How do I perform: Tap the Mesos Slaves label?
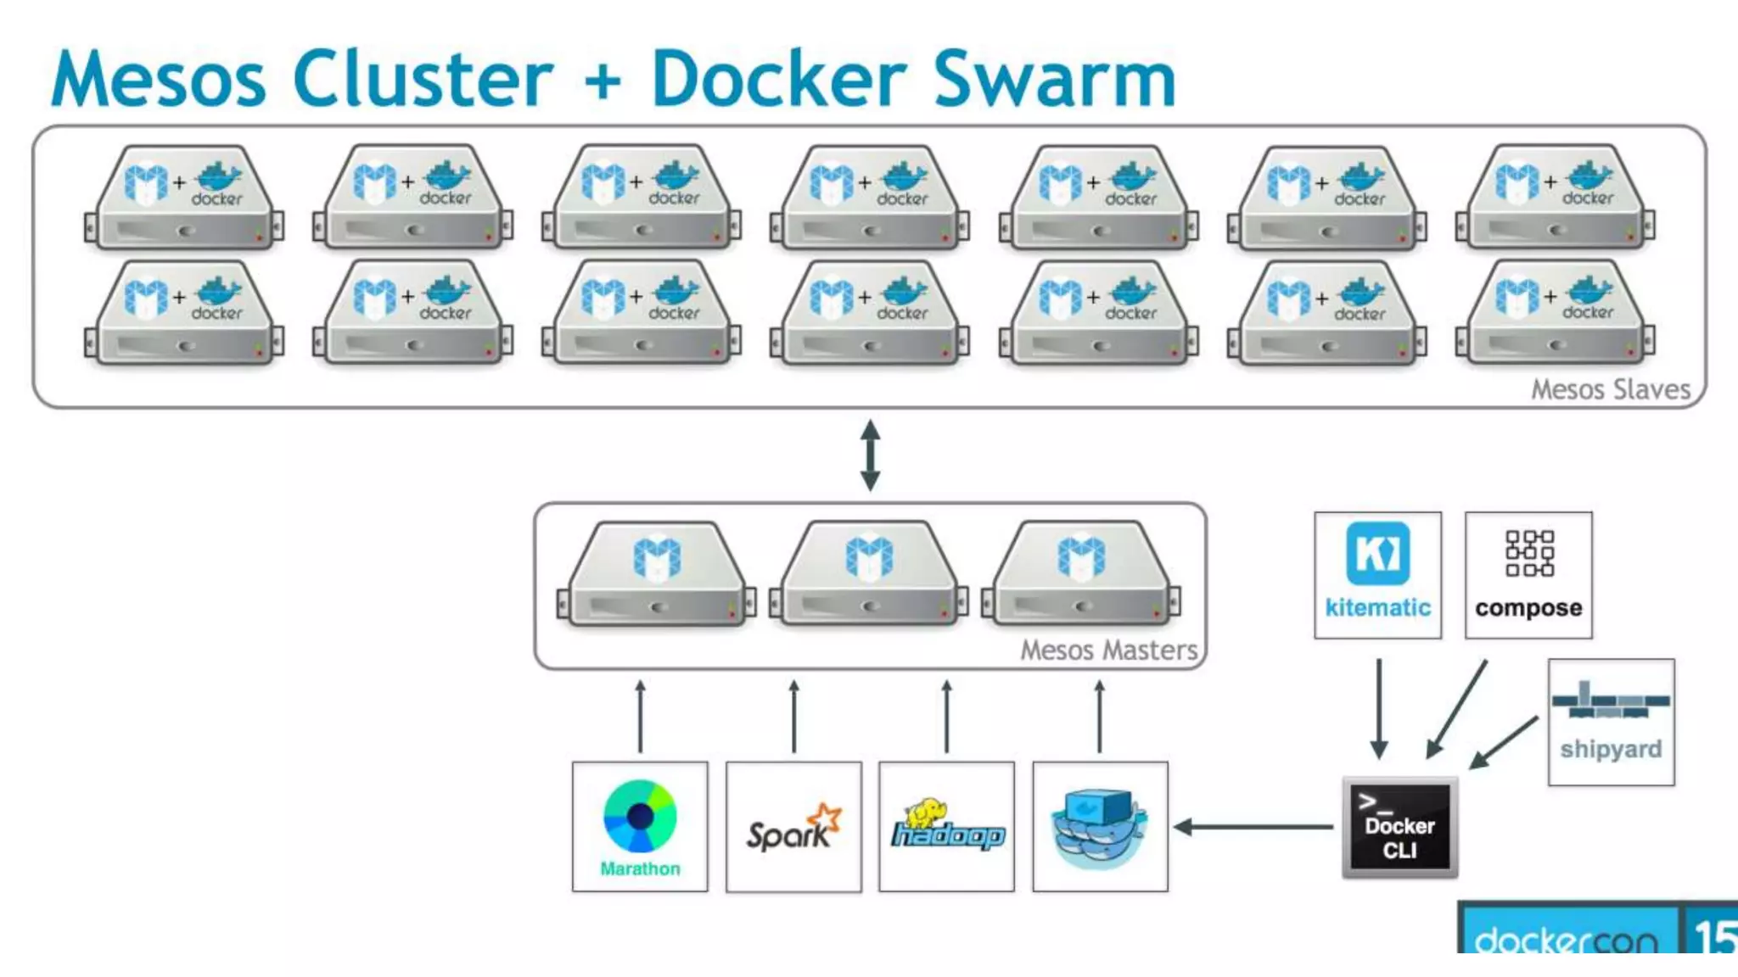1610,389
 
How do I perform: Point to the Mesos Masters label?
1108,650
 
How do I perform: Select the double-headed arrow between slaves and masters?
870,455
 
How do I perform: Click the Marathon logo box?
640,826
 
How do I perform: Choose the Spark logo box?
793,826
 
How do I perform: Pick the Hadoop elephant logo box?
946,826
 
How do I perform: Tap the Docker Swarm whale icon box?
1100,826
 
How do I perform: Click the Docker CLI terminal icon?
1399,827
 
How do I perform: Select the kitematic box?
1377,575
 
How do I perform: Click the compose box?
1528,575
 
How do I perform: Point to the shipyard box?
1611,722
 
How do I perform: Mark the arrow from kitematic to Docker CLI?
1379,708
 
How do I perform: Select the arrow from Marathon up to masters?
641,716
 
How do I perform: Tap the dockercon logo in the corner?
1566,937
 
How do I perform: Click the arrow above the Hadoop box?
947,716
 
